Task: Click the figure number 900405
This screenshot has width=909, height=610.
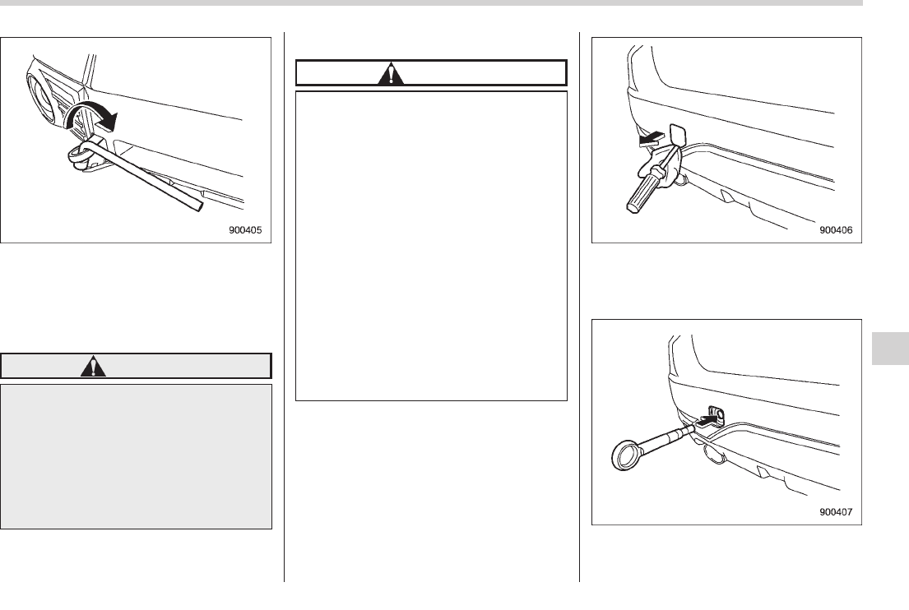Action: click(x=245, y=230)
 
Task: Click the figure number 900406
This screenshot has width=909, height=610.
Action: click(x=836, y=230)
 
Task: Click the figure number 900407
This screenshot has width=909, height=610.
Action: click(x=836, y=512)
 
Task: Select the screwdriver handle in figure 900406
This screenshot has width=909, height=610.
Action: click(x=643, y=191)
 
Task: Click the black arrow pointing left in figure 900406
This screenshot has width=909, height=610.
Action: click(x=652, y=139)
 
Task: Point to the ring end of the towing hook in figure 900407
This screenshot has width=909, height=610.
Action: click(x=628, y=454)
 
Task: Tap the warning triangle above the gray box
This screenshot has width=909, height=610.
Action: click(x=93, y=367)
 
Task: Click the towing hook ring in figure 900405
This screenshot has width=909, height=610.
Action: click(x=81, y=154)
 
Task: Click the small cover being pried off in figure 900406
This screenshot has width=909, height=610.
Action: click(x=678, y=135)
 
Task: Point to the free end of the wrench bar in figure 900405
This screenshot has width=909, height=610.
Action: click(x=200, y=206)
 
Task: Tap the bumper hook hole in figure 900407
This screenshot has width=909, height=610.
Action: click(x=717, y=415)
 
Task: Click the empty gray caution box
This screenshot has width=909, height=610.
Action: click(x=137, y=456)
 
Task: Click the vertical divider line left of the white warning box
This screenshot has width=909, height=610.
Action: click(x=284, y=307)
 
